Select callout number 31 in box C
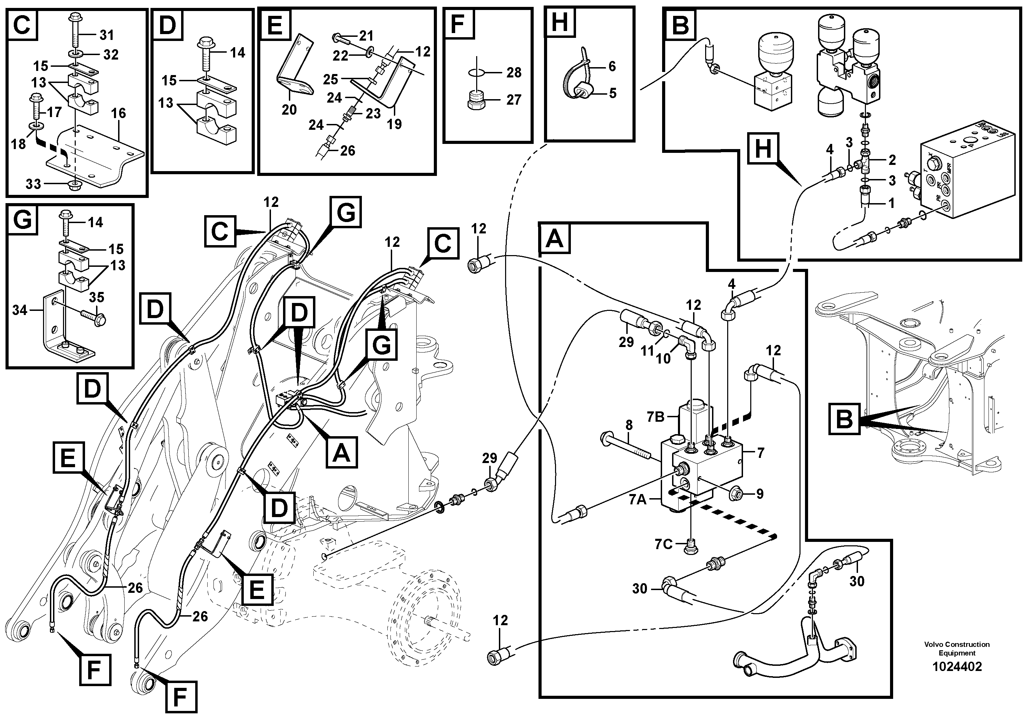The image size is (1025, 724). [x=106, y=35]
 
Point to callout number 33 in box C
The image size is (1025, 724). [x=33, y=184]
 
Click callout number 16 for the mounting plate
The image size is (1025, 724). [x=118, y=113]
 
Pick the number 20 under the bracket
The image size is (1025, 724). [x=289, y=109]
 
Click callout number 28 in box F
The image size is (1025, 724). [x=514, y=72]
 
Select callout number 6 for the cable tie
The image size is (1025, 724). [x=612, y=66]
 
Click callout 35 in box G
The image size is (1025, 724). [x=96, y=297]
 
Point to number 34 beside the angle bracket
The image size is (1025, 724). [x=20, y=310]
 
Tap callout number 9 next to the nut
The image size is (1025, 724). [x=760, y=494]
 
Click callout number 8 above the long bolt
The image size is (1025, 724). [x=629, y=426]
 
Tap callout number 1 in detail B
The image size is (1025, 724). [x=891, y=203]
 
